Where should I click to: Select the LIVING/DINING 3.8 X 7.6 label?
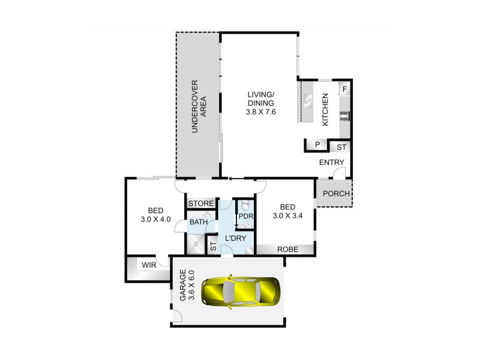click(x=261, y=103)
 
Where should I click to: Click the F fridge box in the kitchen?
click(x=344, y=89)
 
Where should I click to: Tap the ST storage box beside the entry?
click(x=340, y=147)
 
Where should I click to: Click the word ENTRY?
click(x=332, y=163)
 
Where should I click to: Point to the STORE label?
click(x=201, y=204)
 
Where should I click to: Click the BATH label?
click(x=199, y=222)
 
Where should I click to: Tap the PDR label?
click(x=245, y=216)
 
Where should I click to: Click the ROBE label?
click(x=285, y=250)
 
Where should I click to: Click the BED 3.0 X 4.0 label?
click(x=156, y=214)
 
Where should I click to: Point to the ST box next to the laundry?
click(x=212, y=246)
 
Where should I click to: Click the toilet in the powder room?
click(x=244, y=204)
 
